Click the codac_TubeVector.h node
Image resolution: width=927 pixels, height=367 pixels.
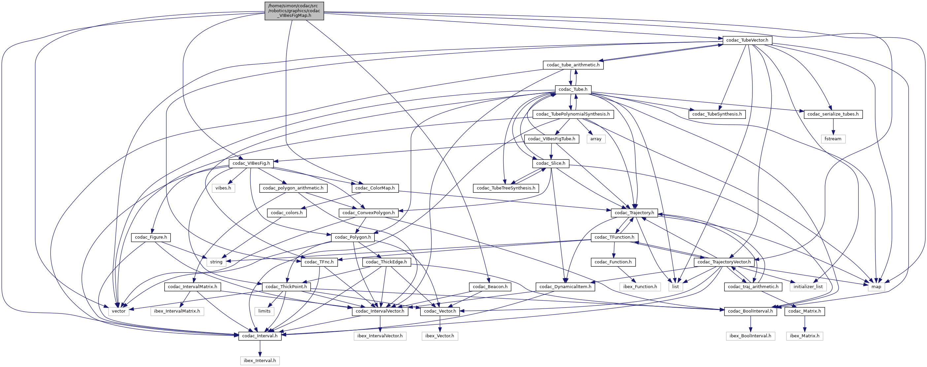coord(747,40)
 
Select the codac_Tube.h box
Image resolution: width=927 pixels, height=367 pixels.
coord(573,89)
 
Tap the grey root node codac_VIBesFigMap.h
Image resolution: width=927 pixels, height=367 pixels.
coord(294,11)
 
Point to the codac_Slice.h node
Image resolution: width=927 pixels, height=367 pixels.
coord(550,163)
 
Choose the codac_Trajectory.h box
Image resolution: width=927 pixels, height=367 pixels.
coord(634,213)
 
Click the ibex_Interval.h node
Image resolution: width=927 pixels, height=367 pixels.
coord(260,360)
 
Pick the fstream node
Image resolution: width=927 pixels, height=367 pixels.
coord(833,139)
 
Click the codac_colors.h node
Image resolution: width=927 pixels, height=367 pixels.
coord(287,213)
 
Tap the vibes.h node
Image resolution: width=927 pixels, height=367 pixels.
coord(223,188)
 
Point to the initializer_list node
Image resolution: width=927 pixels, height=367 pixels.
coord(808,287)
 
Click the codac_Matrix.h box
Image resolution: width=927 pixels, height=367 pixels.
coord(804,311)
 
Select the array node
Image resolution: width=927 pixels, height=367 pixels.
coord(596,139)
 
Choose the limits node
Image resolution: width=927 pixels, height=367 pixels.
coord(264,311)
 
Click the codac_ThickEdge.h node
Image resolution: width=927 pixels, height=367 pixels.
coord(386,262)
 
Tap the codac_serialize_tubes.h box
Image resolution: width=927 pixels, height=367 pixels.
coord(833,114)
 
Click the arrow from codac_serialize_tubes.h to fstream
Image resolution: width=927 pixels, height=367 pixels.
coord(833,126)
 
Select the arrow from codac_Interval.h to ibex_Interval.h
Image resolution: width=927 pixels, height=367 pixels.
coord(260,348)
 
